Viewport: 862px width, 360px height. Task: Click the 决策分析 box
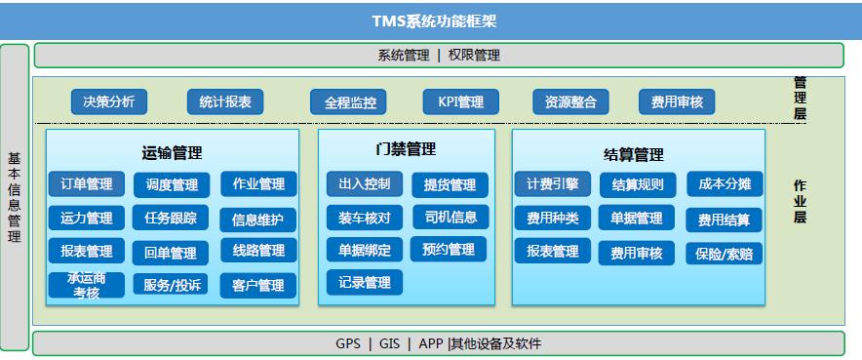(x=108, y=100)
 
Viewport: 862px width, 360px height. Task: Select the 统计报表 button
(x=224, y=100)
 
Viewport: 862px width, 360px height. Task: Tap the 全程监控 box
(x=348, y=101)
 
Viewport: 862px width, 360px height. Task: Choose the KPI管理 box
(x=460, y=100)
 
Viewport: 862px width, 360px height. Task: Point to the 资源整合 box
(x=570, y=101)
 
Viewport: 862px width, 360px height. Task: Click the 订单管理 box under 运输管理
(x=86, y=183)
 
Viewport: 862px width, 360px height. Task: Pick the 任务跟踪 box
(x=171, y=218)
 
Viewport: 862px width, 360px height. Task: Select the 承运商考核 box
(x=86, y=285)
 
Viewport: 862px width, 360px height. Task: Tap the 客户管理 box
(x=257, y=285)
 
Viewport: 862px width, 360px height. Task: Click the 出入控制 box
(x=364, y=183)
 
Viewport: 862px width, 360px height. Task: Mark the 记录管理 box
(x=364, y=283)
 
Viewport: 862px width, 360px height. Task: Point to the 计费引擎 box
(x=552, y=183)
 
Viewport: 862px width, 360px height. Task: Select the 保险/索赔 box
(x=724, y=254)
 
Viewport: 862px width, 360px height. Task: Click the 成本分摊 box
(x=724, y=184)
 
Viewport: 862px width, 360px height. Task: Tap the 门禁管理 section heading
(x=406, y=149)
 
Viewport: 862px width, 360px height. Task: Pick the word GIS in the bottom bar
(x=389, y=343)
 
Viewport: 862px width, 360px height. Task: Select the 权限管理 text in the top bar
(x=474, y=56)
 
